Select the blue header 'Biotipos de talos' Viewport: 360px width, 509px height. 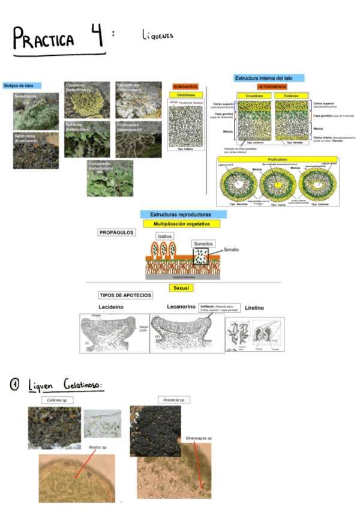coord(19,86)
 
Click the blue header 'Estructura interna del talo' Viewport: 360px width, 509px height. coord(268,78)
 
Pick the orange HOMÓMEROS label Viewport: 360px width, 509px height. coord(185,87)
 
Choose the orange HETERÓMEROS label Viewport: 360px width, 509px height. coord(274,87)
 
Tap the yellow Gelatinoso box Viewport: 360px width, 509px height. coord(185,95)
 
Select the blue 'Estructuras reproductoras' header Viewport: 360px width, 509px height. coord(179,214)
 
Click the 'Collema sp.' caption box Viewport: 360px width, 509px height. coord(58,400)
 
